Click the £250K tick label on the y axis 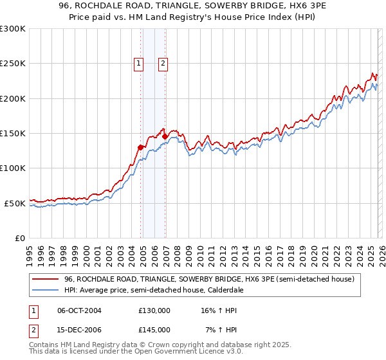(13, 64)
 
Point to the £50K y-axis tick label (15, 203)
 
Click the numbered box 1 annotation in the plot (139, 63)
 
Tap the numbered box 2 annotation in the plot (163, 63)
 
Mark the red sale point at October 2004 (140, 147)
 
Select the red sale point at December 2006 (165, 136)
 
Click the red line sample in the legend (46, 279)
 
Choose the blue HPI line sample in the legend (46, 290)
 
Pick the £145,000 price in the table (154, 329)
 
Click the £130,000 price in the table (154, 310)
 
